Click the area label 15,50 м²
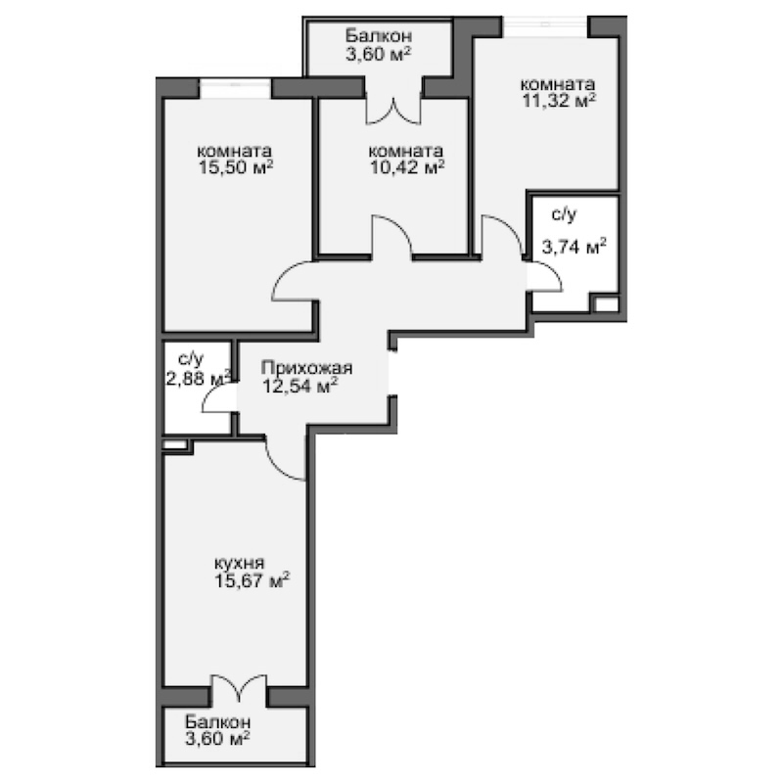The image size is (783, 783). point(234,168)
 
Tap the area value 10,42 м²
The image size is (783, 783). point(406,167)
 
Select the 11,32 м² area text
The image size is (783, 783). point(559,100)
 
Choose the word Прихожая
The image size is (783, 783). point(306,369)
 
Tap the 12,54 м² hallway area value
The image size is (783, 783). point(300,386)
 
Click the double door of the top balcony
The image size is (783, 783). point(394,108)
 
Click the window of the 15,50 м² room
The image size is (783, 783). point(235,86)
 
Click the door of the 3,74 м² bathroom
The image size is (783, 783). point(545,278)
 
